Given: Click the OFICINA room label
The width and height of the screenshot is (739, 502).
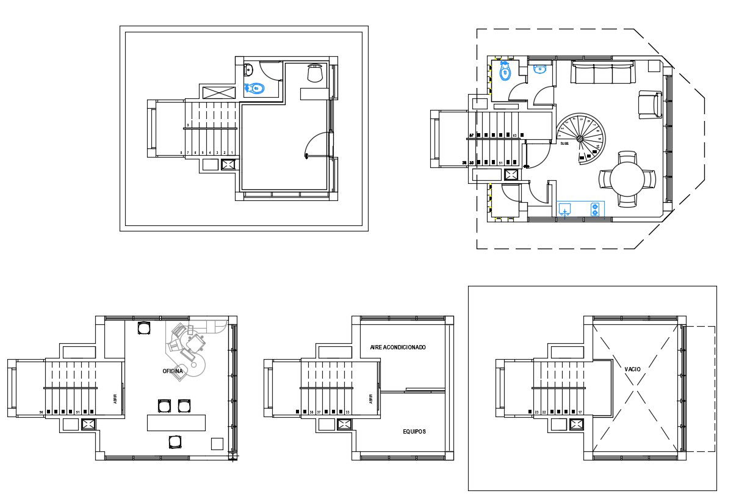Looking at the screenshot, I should pyautogui.click(x=172, y=371).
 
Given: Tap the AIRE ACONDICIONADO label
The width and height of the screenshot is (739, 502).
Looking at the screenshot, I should pyautogui.click(x=397, y=347).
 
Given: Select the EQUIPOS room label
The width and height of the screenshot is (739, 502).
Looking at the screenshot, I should pyautogui.click(x=414, y=431).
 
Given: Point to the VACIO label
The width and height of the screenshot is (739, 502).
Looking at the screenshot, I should pyautogui.click(x=632, y=369).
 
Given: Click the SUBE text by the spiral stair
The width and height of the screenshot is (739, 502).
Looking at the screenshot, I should pyautogui.click(x=564, y=143).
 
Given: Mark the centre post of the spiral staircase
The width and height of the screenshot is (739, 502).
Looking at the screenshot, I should pyautogui.click(x=580, y=139).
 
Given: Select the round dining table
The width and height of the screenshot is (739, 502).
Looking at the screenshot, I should pyautogui.click(x=627, y=179).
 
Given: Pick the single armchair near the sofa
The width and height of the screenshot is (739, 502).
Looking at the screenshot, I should pyautogui.click(x=650, y=104).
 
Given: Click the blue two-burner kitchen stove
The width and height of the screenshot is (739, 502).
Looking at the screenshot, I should pyautogui.click(x=594, y=209).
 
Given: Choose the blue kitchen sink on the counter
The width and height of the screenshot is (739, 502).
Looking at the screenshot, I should pyautogui.click(x=566, y=210).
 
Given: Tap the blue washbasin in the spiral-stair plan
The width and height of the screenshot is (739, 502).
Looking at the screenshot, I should pyautogui.click(x=539, y=69).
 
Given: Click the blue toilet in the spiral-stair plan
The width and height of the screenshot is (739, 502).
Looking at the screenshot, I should pyautogui.click(x=505, y=72).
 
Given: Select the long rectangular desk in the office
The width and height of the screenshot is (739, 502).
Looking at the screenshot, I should pyautogui.click(x=176, y=423).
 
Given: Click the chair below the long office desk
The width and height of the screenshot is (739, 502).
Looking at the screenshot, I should pyautogui.click(x=175, y=442).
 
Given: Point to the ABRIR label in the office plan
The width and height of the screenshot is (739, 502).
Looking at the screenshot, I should pyautogui.click(x=115, y=399).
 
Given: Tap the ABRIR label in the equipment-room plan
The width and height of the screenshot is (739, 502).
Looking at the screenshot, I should pyautogui.click(x=370, y=399).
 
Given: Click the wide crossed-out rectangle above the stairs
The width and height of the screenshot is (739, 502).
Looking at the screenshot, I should pyautogui.click(x=217, y=92).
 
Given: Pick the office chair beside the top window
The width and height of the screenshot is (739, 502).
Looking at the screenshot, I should pyautogui.click(x=143, y=328).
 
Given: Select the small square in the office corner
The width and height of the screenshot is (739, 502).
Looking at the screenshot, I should pyautogui.click(x=217, y=443).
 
